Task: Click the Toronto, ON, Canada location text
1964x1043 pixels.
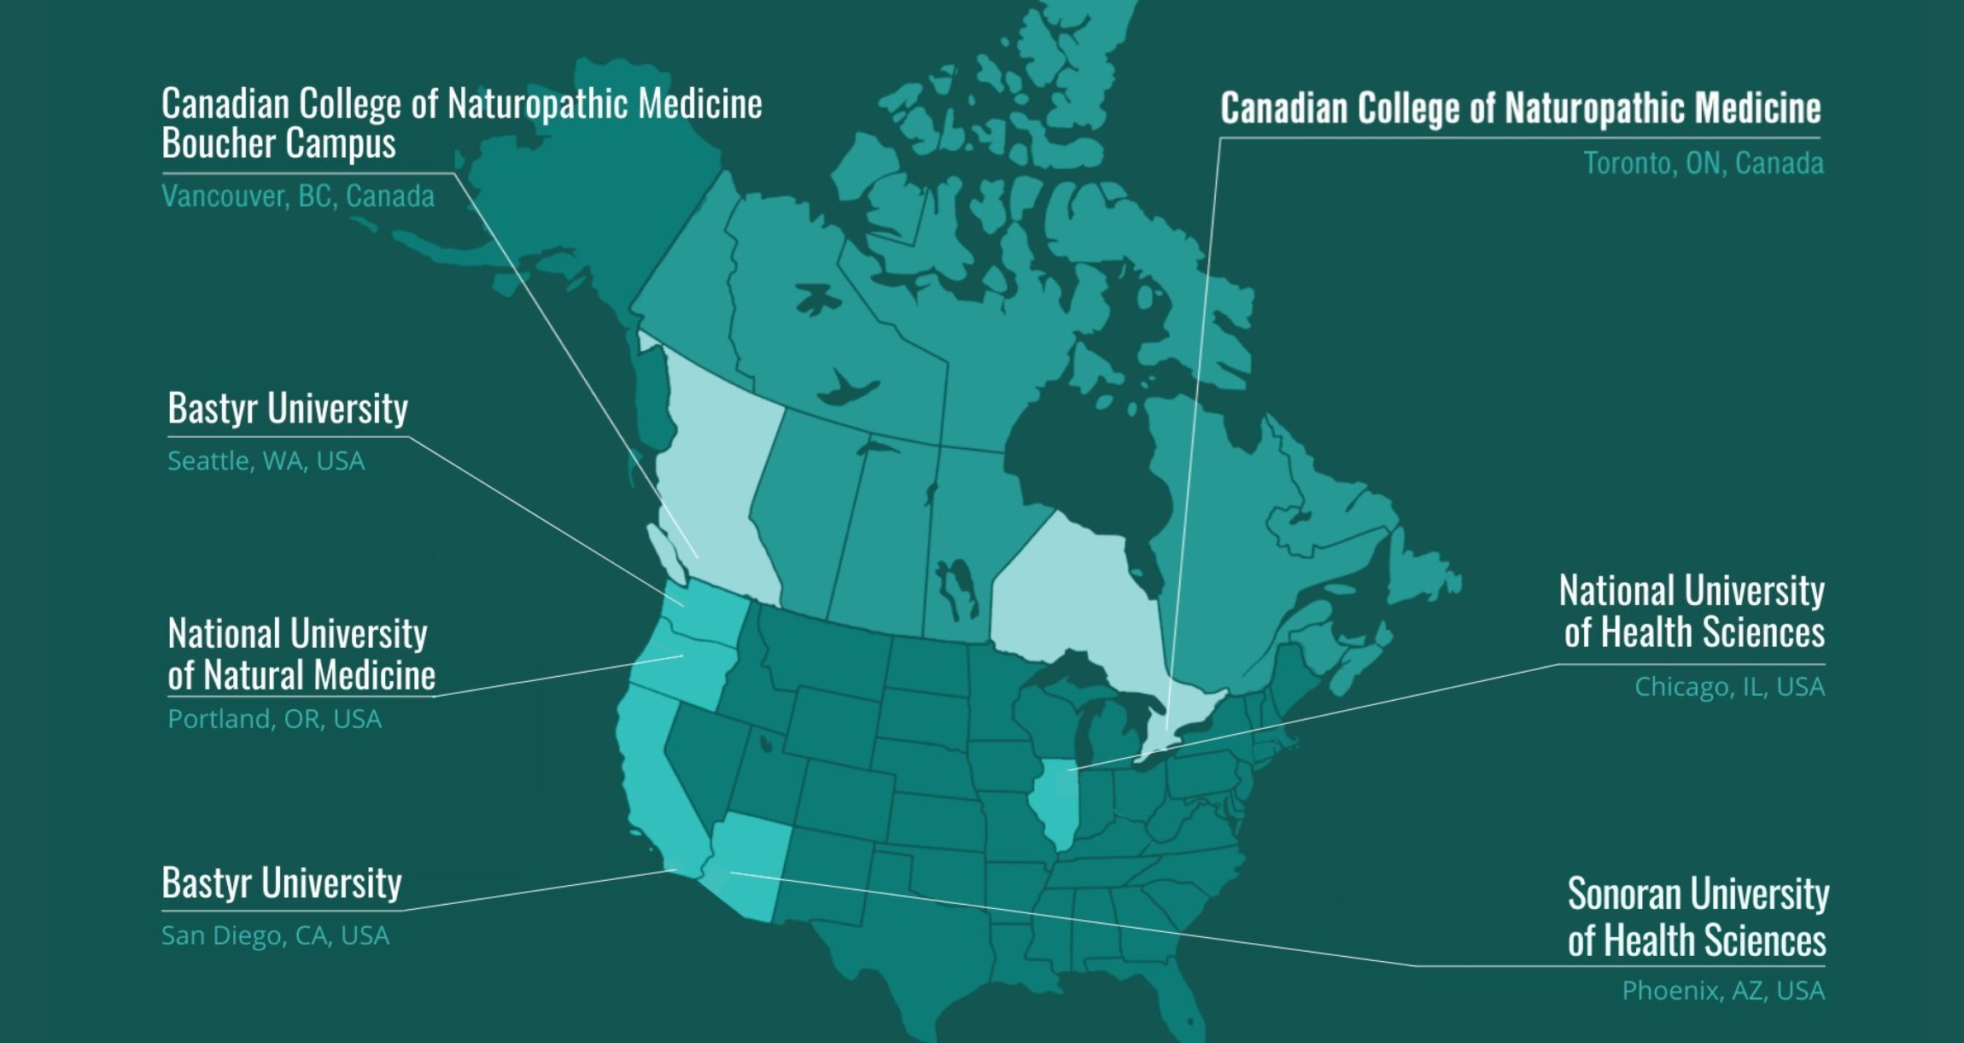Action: pos(1703,163)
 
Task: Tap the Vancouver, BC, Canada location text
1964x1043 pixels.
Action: pos(298,196)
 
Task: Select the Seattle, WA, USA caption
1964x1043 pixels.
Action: pos(266,461)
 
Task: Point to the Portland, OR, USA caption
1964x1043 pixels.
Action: pos(274,719)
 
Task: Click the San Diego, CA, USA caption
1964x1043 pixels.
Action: pos(275,935)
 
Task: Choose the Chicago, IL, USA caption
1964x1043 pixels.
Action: pos(1729,686)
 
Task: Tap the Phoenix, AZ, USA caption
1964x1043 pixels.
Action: pos(1723,990)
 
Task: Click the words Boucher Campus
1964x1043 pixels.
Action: pos(278,143)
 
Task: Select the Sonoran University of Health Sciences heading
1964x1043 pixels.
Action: pos(1697,917)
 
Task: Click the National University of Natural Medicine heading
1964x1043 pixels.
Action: pos(301,655)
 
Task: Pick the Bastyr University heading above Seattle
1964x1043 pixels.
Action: pos(288,408)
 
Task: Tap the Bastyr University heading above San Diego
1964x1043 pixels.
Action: pos(282,883)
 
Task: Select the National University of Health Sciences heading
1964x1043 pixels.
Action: pos(1692,612)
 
